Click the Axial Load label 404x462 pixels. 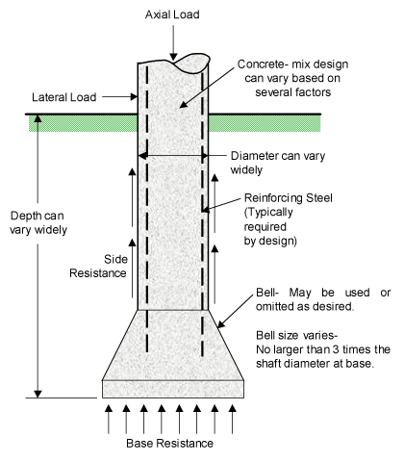pos(172,14)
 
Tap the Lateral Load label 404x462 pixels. pos(64,97)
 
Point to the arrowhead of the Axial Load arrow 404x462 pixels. pos(173,57)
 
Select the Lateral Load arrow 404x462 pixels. pos(119,96)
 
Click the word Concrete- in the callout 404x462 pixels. pos(261,64)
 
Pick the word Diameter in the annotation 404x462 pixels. pos(255,156)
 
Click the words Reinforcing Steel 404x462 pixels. pos(288,198)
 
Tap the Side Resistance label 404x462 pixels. pos(98,267)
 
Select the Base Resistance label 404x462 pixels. pos(169,444)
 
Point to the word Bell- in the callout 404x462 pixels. pos(267,293)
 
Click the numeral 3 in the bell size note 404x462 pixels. pos(336,349)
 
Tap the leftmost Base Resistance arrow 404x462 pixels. pos(109,419)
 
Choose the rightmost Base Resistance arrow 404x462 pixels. pos(233,419)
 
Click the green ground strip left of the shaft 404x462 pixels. pos(84,123)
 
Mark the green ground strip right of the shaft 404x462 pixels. pos(265,123)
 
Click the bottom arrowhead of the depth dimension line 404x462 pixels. pos(38,394)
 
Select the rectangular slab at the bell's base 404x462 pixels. pos(173,389)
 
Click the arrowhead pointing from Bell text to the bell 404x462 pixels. pos(221,324)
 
